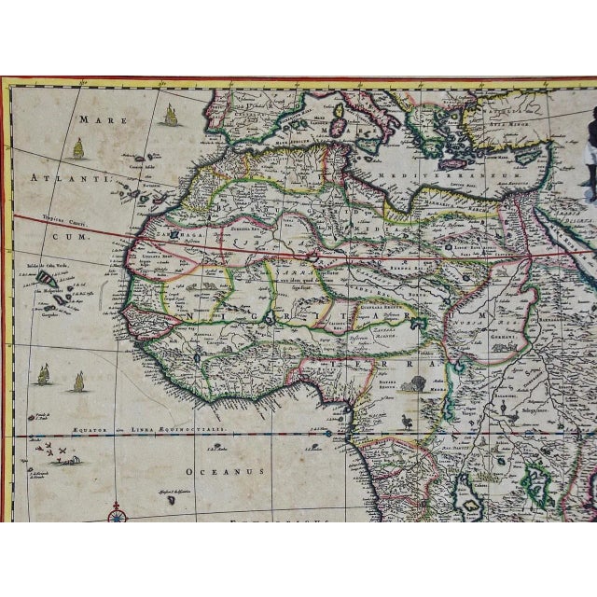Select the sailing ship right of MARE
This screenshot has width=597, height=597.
coord(171,115)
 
